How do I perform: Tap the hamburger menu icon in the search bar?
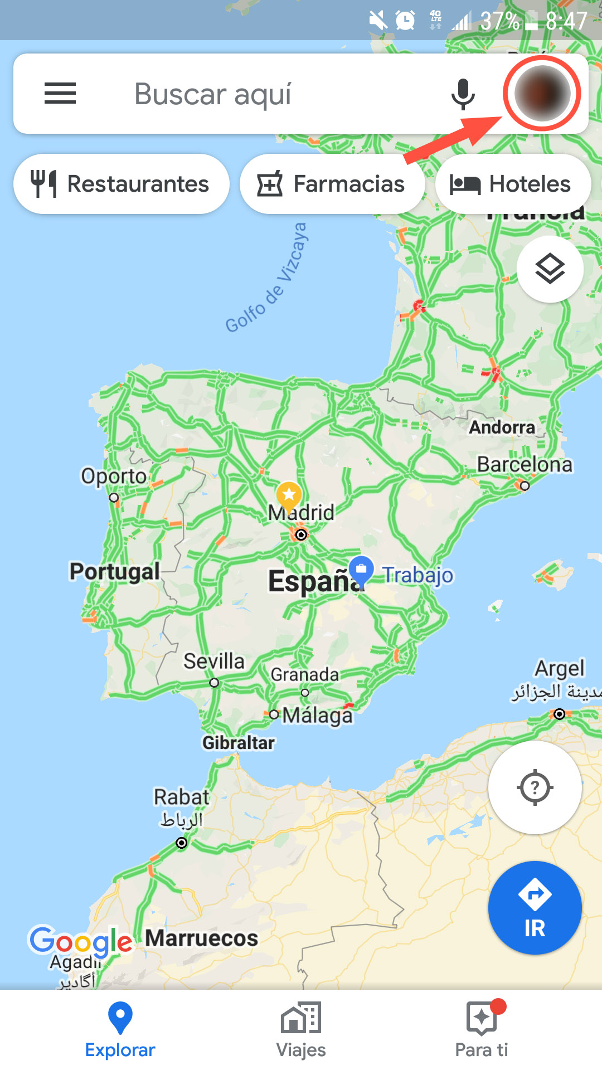tap(60, 93)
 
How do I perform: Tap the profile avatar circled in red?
tap(542, 94)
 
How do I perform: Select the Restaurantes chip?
tap(121, 184)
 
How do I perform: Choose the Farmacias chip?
tap(331, 184)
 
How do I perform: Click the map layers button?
tap(550, 269)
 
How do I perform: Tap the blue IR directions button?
tap(535, 908)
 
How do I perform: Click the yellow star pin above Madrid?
tap(289, 494)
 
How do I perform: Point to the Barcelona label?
tap(525, 464)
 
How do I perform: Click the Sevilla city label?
tap(214, 662)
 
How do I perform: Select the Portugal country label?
tap(114, 571)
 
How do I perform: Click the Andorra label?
tap(502, 427)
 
